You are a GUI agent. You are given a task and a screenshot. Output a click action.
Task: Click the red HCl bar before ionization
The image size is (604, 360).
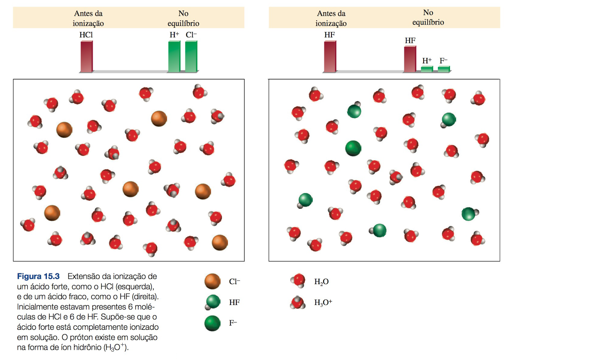[x=86, y=57]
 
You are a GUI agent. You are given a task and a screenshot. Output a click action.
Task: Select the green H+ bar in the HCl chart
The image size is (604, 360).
[x=174, y=57]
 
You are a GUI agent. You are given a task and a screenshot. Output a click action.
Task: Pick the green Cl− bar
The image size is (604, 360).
[x=191, y=57]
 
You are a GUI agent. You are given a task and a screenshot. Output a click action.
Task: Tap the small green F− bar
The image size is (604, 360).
[x=444, y=69]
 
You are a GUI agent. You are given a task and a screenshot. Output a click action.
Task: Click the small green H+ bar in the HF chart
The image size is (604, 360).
[x=427, y=69]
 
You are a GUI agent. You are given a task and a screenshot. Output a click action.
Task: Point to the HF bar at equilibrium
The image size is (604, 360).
[x=410, y=59]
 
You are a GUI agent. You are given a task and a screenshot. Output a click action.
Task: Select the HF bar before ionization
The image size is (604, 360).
[x=330, y=57]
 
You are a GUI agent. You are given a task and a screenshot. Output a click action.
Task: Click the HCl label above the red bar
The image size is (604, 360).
[x=86, y=35]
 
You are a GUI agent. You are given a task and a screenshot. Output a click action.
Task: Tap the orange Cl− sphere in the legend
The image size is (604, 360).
[x=213, y=282]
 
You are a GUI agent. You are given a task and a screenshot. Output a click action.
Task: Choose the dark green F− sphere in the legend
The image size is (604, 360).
[x=213, y=323]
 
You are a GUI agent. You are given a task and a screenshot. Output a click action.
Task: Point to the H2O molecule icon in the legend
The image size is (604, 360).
[x=298, y=281]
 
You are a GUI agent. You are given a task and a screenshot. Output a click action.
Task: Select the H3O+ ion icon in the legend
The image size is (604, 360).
[x=298, y=302]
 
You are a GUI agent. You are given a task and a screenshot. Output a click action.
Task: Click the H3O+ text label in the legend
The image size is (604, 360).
[x=323, y=303]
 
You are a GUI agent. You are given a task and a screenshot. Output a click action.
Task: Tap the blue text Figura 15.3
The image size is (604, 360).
[x=38, y=276]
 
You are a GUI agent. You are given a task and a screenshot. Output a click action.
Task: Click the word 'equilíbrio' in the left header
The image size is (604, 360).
[x=183, y=23]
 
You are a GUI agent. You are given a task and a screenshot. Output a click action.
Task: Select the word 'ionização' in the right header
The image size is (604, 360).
[x=331, y=23]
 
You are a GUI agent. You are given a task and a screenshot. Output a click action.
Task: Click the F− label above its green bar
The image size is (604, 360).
[x=443, y=60]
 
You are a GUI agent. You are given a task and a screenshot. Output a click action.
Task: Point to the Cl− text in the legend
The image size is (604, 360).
[x=234, y=282]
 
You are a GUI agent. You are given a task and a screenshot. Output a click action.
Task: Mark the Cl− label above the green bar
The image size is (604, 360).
[x=191, y=35]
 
